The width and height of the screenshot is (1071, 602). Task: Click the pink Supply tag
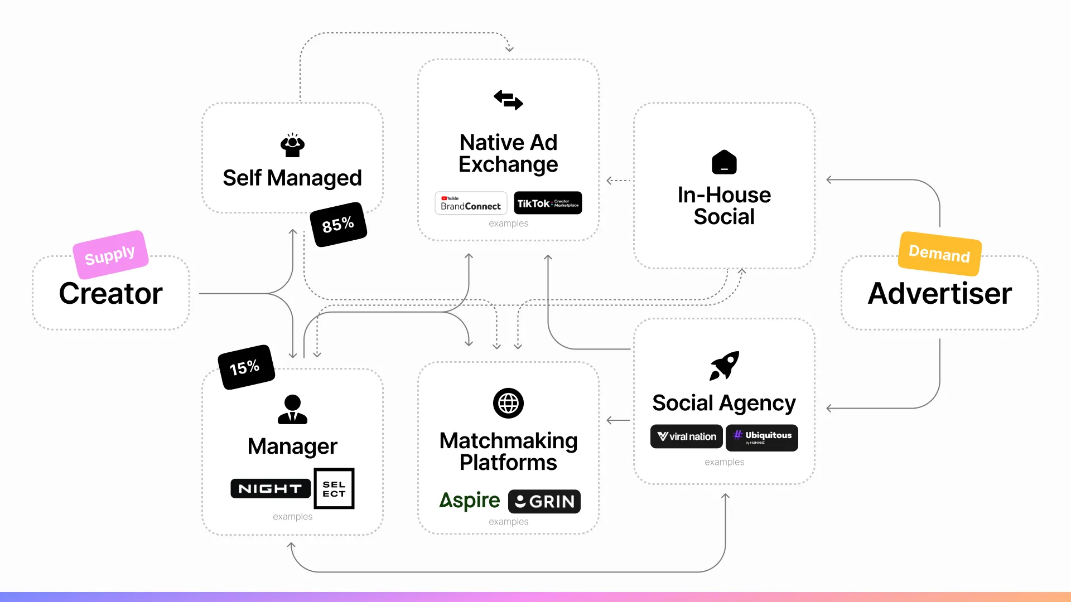click(x=110, y=255)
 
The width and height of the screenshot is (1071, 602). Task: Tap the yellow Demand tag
click(x=939, y=254)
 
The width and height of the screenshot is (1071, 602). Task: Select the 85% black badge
click(x=338, y=225)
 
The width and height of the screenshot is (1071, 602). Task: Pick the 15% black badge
click(x=245, y=367)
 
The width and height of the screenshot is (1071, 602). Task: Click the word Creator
click(x=110, y=294)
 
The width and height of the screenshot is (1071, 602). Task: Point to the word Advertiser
click(x=939, y=294)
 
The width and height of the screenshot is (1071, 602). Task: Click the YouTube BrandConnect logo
click(x=471, y=203)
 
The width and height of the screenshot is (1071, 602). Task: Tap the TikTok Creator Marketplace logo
click(x=547, y=203)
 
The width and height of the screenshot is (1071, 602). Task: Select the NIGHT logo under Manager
click(x=271, y=489)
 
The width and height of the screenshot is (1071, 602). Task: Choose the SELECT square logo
click(x=334, y=489)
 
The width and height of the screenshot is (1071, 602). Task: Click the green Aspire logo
click(x=469, y=501)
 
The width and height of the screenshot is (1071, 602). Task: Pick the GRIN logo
click(x=544, y=502)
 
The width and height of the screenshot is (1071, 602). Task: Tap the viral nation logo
click(x=686, y=436)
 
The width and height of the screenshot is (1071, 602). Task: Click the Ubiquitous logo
click(x=761, y=437)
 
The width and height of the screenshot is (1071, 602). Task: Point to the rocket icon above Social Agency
click(x=724, y=366)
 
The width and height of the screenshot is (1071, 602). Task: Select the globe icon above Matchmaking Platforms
click(x=508, y=403)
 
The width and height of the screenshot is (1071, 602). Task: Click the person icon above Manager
click(x=292, y=410)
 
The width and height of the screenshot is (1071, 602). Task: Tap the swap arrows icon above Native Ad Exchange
click(x=508, y=100)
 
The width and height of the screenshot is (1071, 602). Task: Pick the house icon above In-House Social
click(x=724, y=162)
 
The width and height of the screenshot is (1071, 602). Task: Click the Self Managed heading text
click(x=292, y=178)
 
